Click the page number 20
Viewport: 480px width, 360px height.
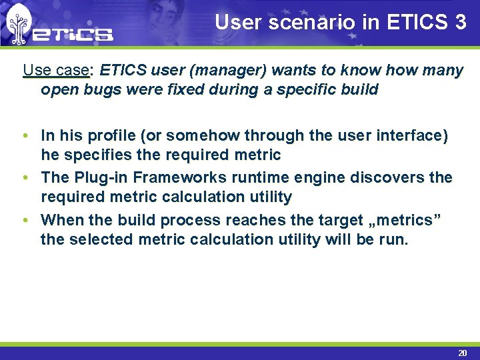462,353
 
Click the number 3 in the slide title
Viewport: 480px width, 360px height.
459,22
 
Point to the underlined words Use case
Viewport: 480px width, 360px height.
55,70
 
